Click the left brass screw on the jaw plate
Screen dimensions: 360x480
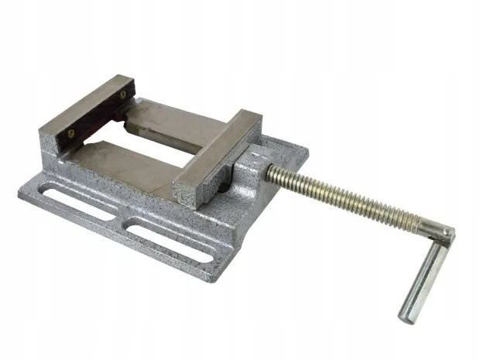[x=70, y=132]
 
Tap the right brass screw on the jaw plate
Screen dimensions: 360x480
[x=122, y=96]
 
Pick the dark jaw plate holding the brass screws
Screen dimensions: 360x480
[x=97, y=115]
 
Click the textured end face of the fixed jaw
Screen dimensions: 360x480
[x=50, y=148]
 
